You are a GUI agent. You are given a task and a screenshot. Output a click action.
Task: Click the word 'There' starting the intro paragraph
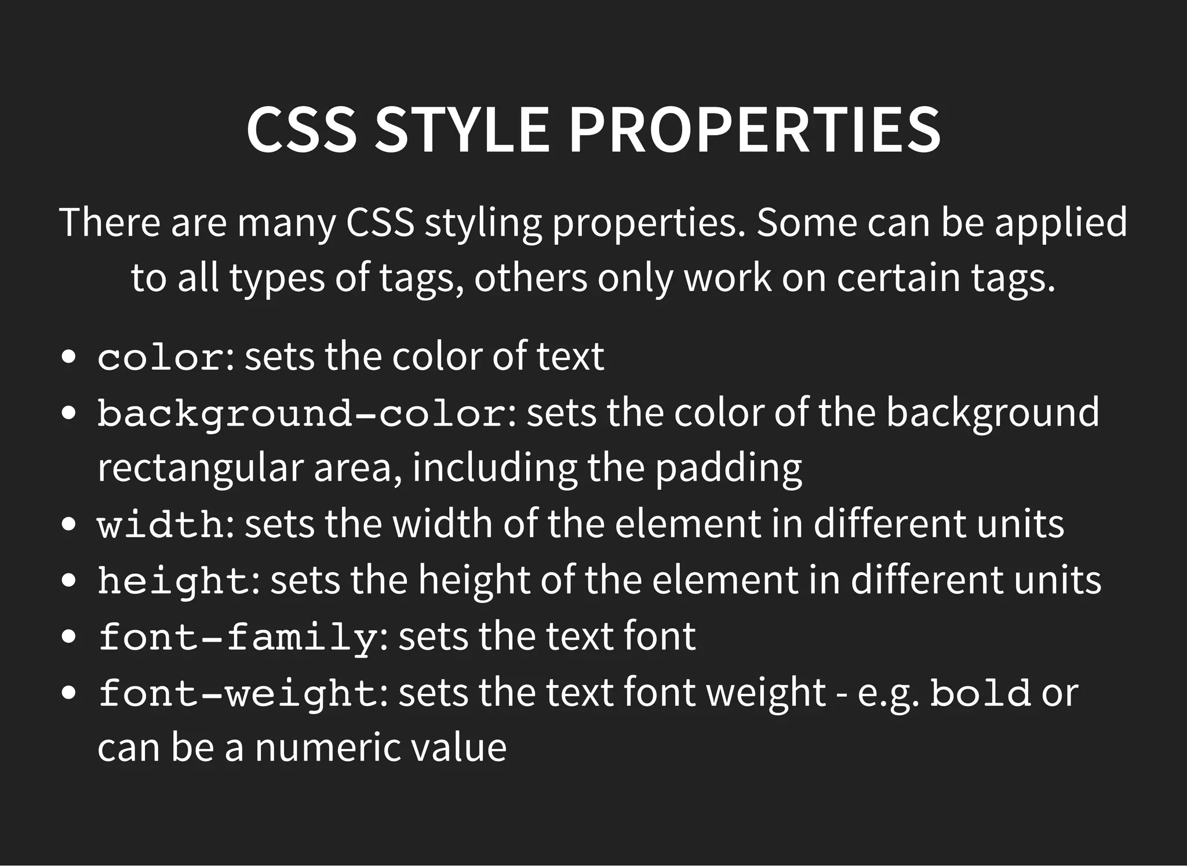coord(110,222)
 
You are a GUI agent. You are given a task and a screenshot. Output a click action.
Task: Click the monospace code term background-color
coord(301,414)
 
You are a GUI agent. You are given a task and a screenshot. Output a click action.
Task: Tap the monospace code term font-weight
coord(238,693)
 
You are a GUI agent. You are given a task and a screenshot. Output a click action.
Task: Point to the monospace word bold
coord(980,693)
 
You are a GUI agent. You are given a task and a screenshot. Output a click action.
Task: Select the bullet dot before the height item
coord(68,581)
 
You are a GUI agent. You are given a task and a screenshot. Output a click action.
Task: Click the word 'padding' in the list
coord(729,468)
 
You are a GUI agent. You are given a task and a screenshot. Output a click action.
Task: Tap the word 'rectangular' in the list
coord(200,468)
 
